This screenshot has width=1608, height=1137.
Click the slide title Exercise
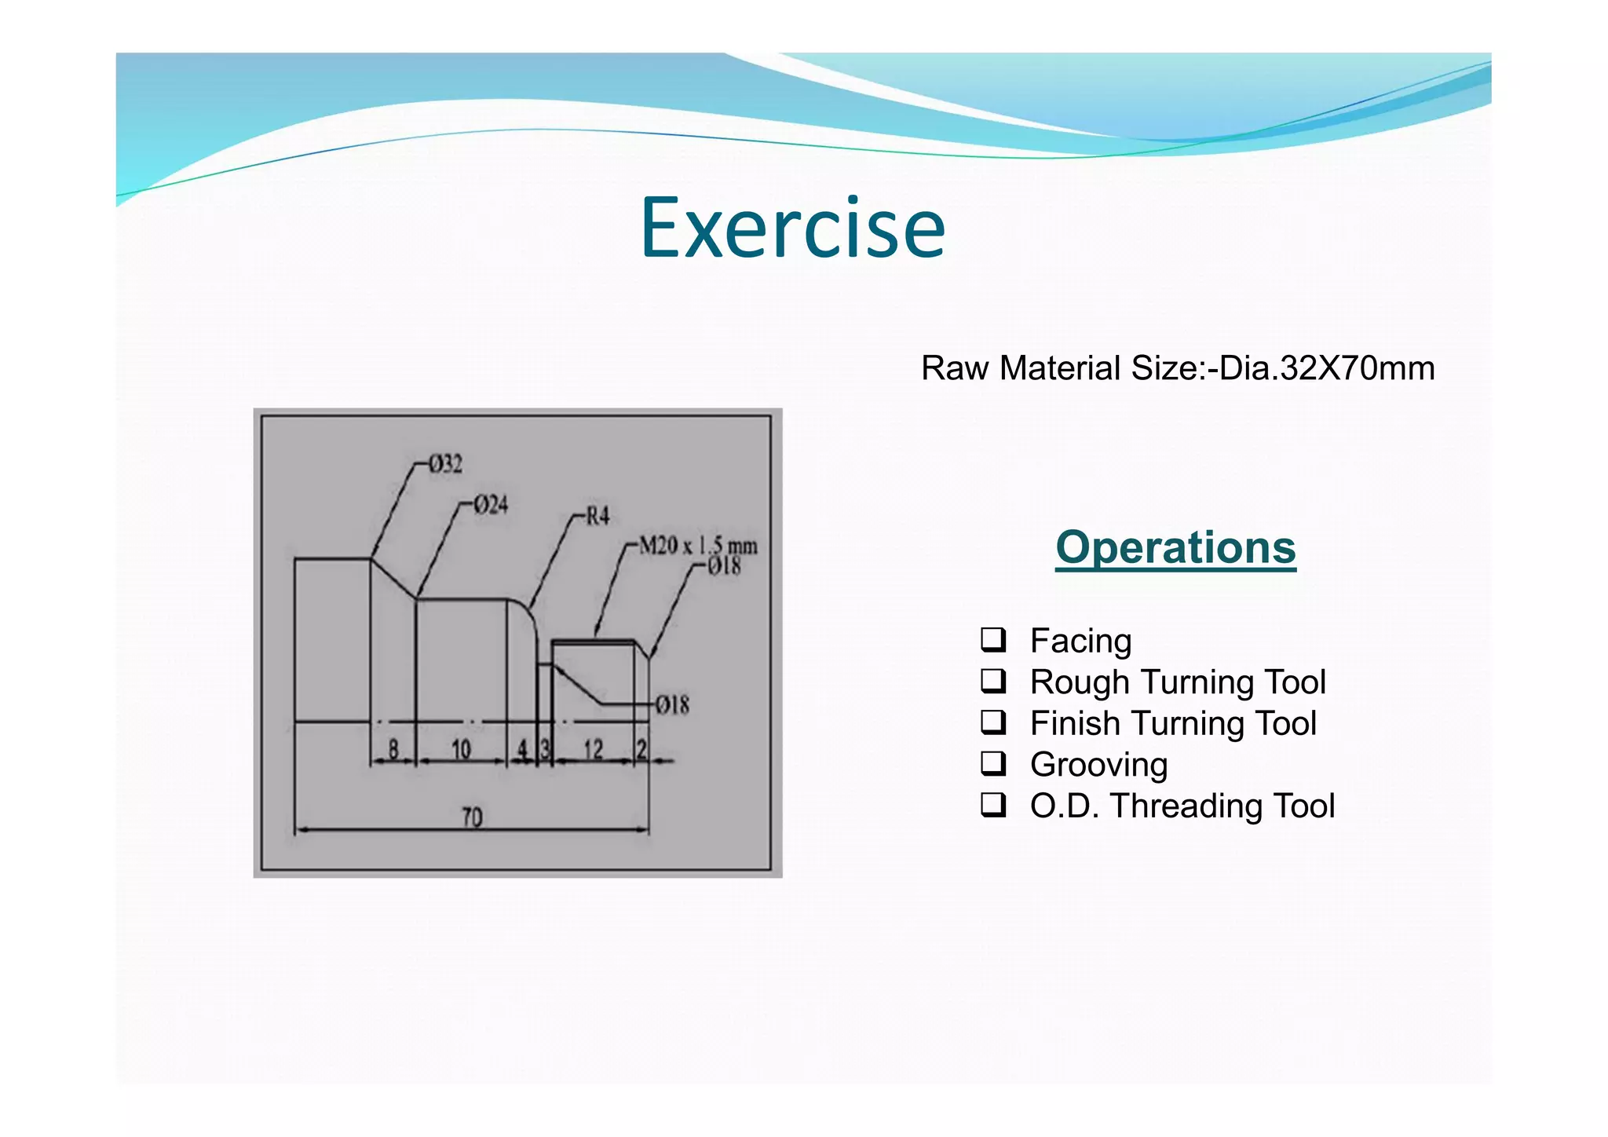(x=793, y=228)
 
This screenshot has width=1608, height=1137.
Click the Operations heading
(x=1175, y=547)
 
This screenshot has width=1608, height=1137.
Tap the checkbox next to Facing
(x=992, y=639)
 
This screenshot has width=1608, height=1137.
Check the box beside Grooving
(x=992, y=762)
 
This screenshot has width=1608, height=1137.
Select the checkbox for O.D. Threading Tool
(x=992, y=804)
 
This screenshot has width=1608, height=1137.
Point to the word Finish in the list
(x=1075, y=723)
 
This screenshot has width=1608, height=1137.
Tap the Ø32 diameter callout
(x=445, y=464)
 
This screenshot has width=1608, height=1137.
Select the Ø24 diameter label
(x=491, y=504)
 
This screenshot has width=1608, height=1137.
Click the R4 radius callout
(x=598, y=516)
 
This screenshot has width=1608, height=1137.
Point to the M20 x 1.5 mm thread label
(x=698, y=545)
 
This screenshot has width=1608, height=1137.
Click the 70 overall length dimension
(x=472, y=817)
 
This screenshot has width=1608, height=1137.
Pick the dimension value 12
(x=593, y=749)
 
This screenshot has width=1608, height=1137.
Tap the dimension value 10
(x=461, y=749)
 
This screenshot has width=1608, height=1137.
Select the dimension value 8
(x=393, y=749)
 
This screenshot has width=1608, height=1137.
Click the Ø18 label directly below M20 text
(x=724, y=566)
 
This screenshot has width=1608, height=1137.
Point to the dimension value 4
(x=522, y=749)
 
